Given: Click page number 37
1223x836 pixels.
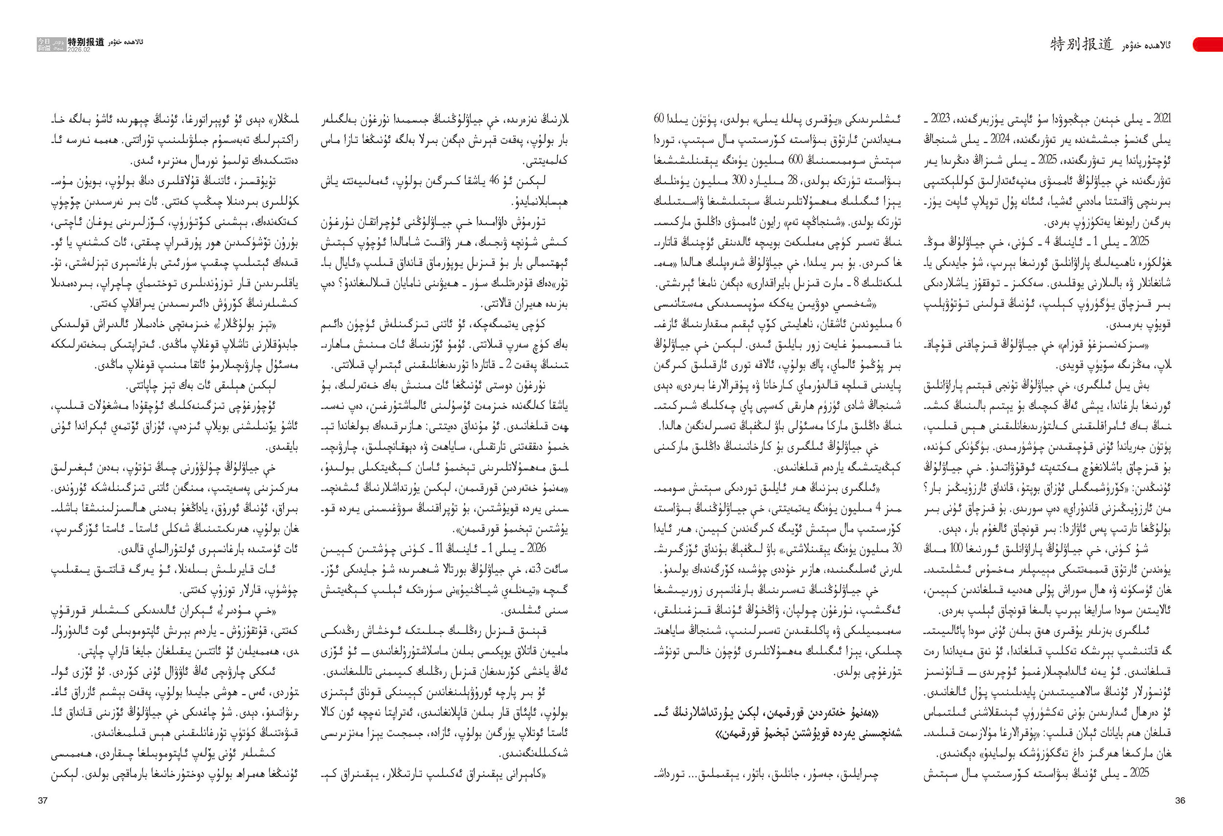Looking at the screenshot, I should pyautogui.click(x=43, y=801).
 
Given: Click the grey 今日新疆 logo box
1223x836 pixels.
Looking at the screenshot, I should pyautogui.click(x=45, y=44).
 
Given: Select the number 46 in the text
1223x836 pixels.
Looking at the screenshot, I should pyautogui.click(x=494, y=181).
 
